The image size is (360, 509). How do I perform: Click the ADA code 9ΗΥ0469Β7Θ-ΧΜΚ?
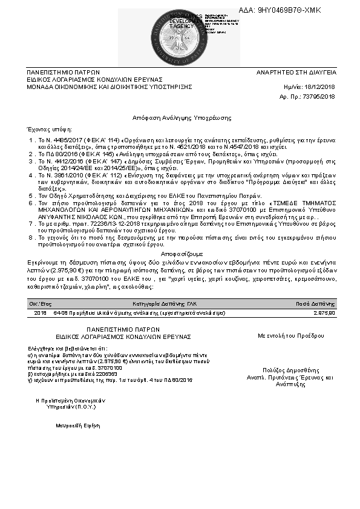click(289, 10)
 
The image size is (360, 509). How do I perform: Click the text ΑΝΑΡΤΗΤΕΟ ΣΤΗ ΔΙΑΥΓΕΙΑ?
click(296, 72)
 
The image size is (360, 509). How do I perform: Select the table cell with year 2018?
click(40, 313)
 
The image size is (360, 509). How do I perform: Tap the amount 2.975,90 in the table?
click(324, 313)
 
